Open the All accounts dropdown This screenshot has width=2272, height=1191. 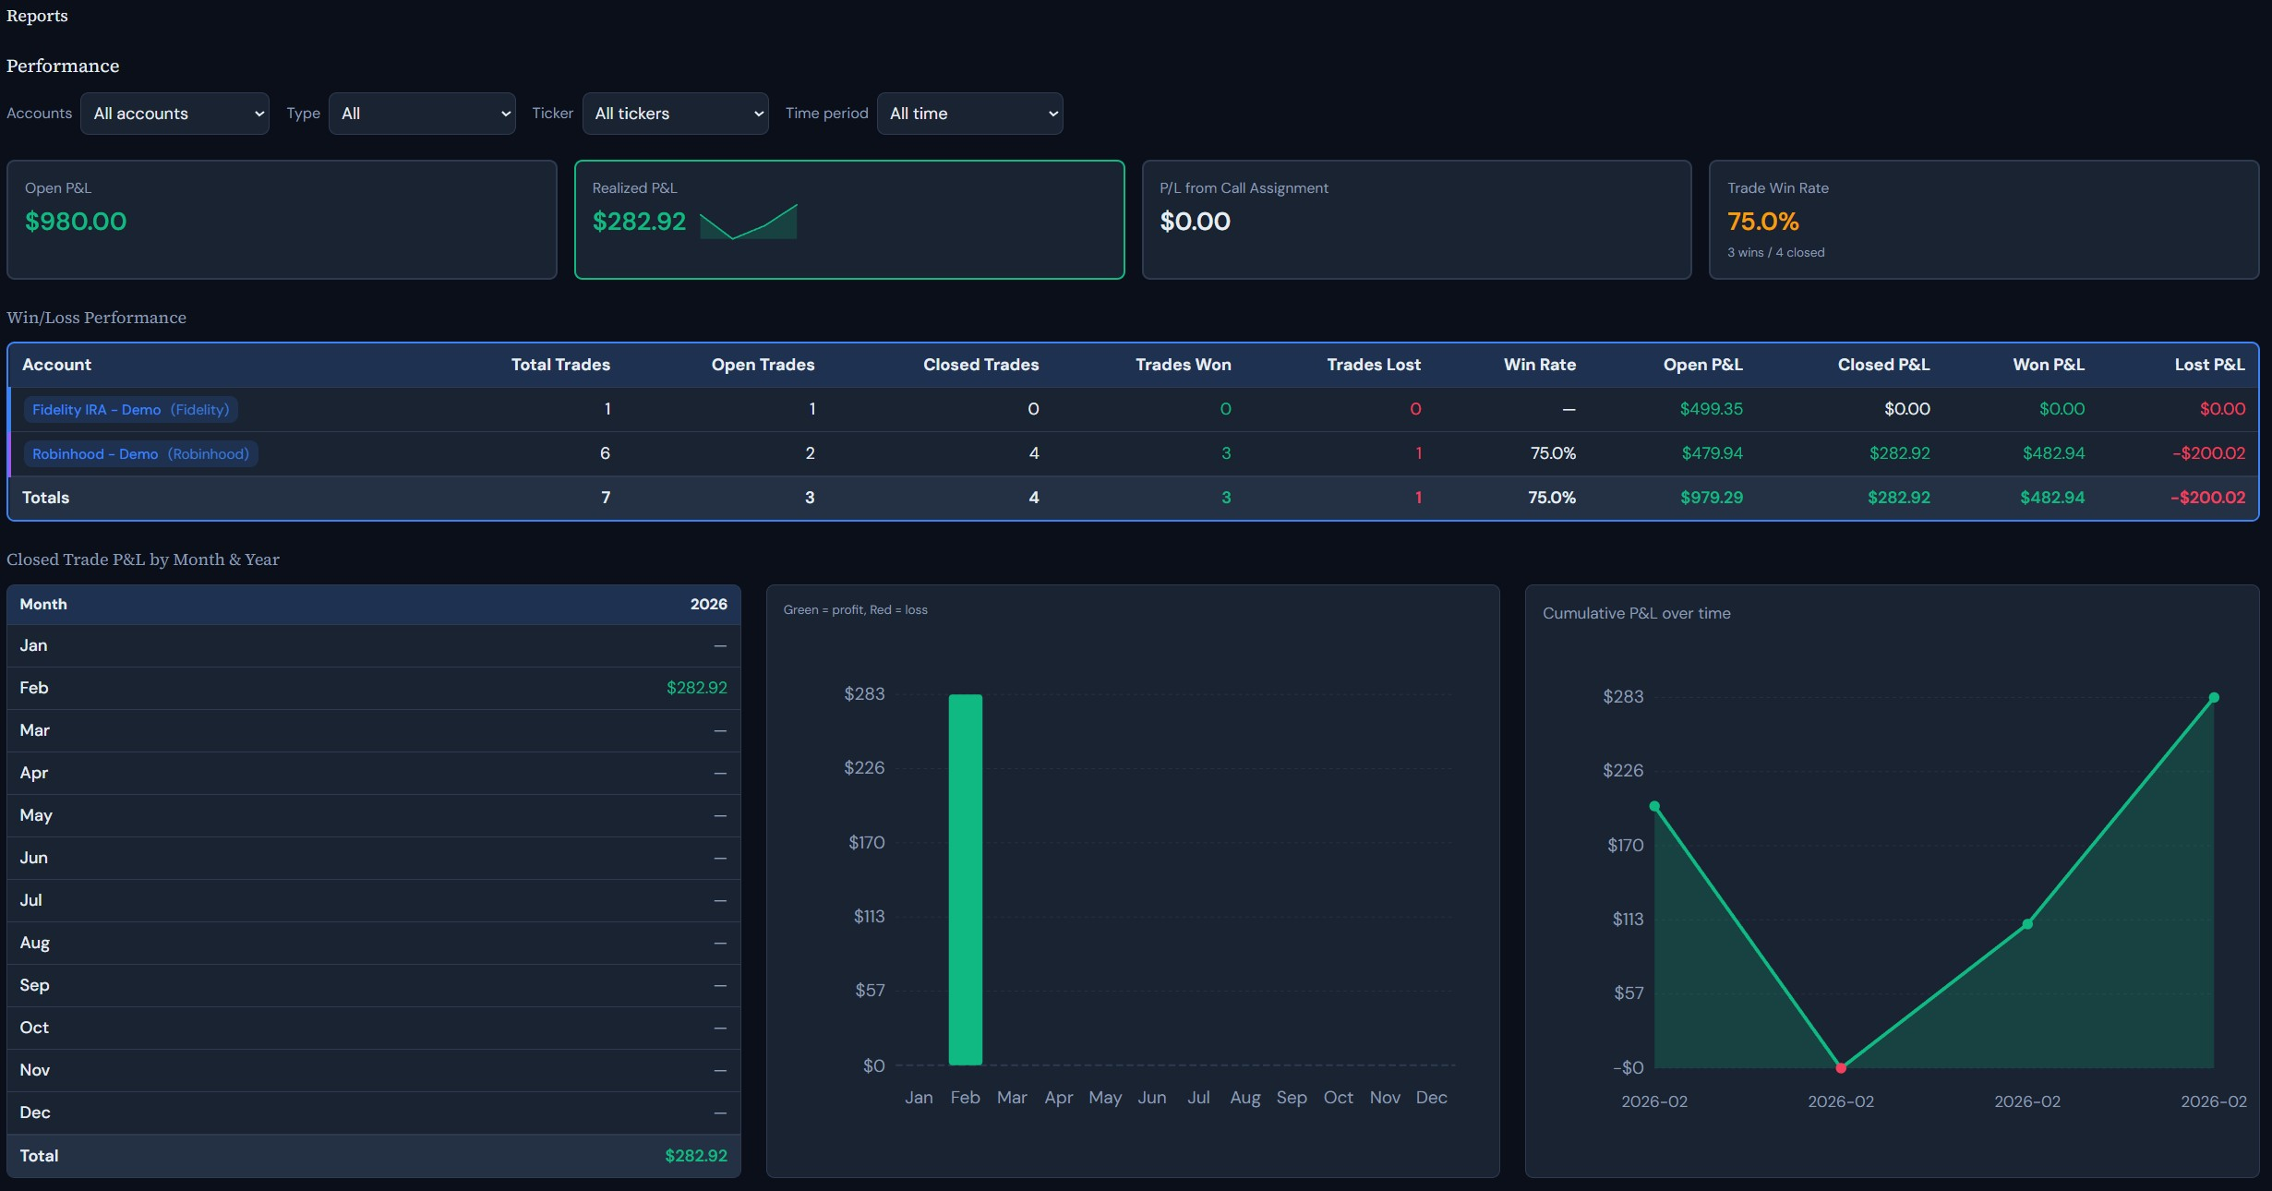point(174,114)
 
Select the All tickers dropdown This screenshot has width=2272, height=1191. point(675,114)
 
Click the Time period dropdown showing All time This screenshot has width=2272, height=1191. point(969,114)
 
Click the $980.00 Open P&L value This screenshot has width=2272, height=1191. point(76,222)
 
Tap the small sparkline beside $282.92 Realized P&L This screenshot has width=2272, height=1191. point(749,223)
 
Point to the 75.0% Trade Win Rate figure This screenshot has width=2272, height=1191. point(1762,222)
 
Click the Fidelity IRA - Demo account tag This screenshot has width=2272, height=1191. point(130,409)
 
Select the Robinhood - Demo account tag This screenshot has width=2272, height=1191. point(140,453)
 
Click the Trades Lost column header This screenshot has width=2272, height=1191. point(1373,365)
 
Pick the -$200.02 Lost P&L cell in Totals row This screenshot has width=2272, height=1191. point(2207,498)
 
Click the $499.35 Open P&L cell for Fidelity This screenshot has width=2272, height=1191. point(1711,409)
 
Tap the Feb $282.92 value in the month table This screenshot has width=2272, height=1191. point(696,688)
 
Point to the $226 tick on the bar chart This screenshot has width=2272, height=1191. point(864,768)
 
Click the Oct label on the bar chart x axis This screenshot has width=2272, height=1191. point(1338,1097)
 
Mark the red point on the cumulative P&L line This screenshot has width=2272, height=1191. point(1841,1068)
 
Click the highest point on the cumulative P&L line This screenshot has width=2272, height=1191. point(2213,698)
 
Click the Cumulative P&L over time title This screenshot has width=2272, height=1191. point(1636,613)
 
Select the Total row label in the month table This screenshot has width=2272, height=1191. point(39,1156)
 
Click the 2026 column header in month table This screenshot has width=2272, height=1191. point(708,604)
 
